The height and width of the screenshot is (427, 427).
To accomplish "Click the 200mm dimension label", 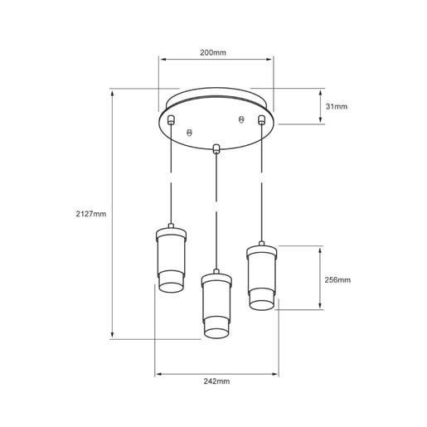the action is point(213,52).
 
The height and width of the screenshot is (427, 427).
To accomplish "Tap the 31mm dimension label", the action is point(337,106).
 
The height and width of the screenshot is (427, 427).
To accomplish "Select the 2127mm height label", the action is point(91,214).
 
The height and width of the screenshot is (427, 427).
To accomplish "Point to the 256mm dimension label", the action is point(337,280).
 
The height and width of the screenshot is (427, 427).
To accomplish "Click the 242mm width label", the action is point(216,381).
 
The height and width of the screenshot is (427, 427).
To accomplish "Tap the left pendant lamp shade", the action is point(171,260).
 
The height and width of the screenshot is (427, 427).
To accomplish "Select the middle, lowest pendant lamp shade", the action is point(216,304).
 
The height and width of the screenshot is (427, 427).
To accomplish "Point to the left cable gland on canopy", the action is point(171,119).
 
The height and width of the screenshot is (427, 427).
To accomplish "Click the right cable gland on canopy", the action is point(261,119).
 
